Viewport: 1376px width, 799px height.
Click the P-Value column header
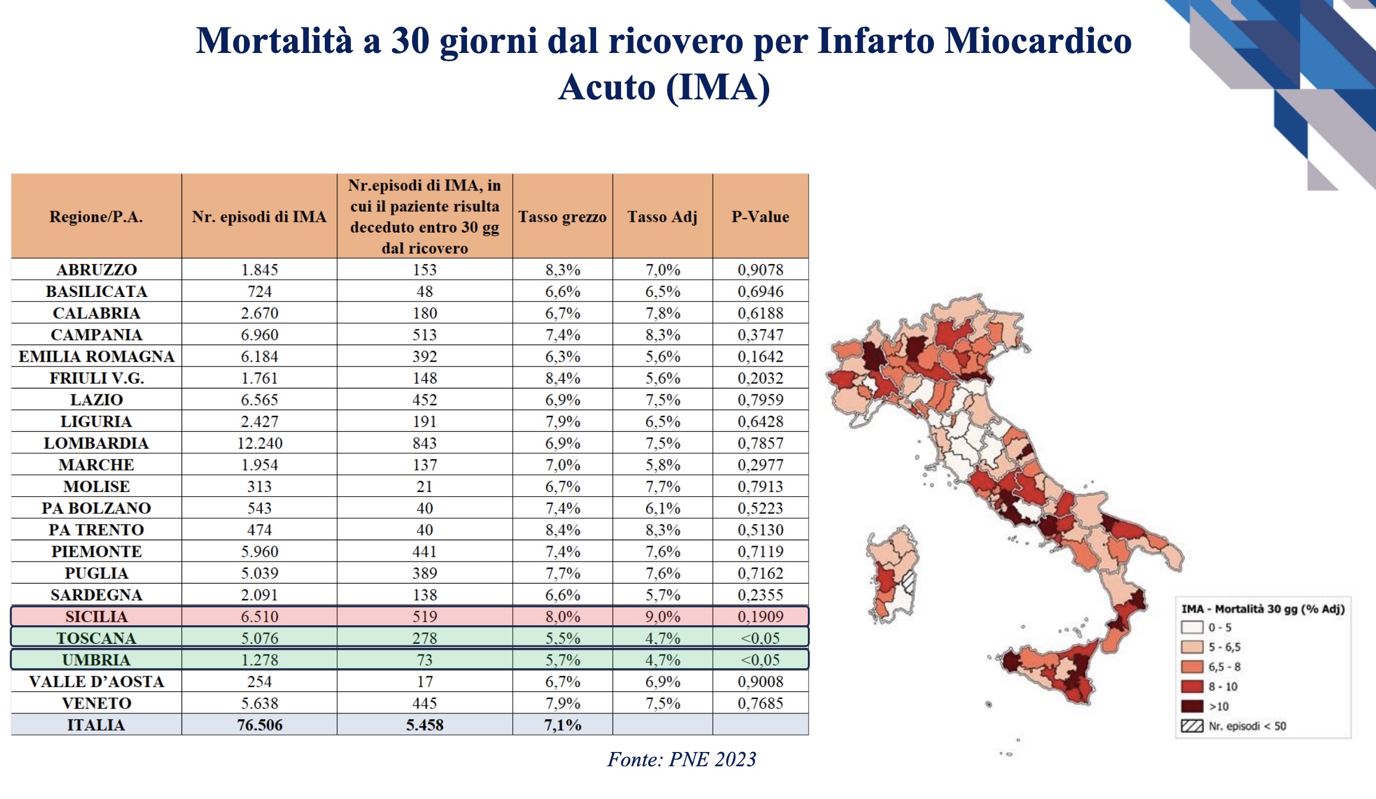pyautogui.click(x=760, y=217)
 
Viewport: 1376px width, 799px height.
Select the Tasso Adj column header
pyautogui.click(x=662, y=217)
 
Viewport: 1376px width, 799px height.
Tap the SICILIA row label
pyautogui.click(x=96, y=616)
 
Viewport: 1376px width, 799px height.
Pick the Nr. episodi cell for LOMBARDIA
pyautogui.click(x=259, y=443)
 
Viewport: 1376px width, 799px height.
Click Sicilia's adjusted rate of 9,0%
pyautogui.click(x=662, y=616)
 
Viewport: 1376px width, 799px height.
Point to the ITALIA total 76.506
pyautogui.click(x=259, y=725)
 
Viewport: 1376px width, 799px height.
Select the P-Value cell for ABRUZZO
pyautogui.click(x=760, y=270)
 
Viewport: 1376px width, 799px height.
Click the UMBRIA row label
pyautogui.click(x=96, y=660)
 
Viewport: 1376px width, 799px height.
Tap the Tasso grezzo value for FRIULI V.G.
pyautogui.click(x=562, y=378)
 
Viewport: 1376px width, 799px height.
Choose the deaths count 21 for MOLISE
pyautogui.click(x=424, y=487)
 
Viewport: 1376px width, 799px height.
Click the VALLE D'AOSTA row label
pyautogui.click(x=96, y=681)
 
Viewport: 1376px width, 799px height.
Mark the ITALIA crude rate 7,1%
pyautogui.click(x=562, y=725)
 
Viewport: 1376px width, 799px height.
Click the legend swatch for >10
pyautogui.click(x=1192, y=706)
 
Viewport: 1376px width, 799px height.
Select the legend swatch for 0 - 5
pyautogui.click(x=1192, y=627)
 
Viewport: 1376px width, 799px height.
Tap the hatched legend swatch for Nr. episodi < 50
pyautogui.click(x=1192, y=726)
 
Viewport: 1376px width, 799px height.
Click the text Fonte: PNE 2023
pyautogui.click(x=681, y=759)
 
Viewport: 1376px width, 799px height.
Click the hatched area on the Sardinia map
pyautogui.click(x=908, y=581)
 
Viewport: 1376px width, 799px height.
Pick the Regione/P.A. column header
pyautogui.click(x=96, y=217)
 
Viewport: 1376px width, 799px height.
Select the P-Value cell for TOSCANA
pyautogui.click(x=760, y=638)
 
